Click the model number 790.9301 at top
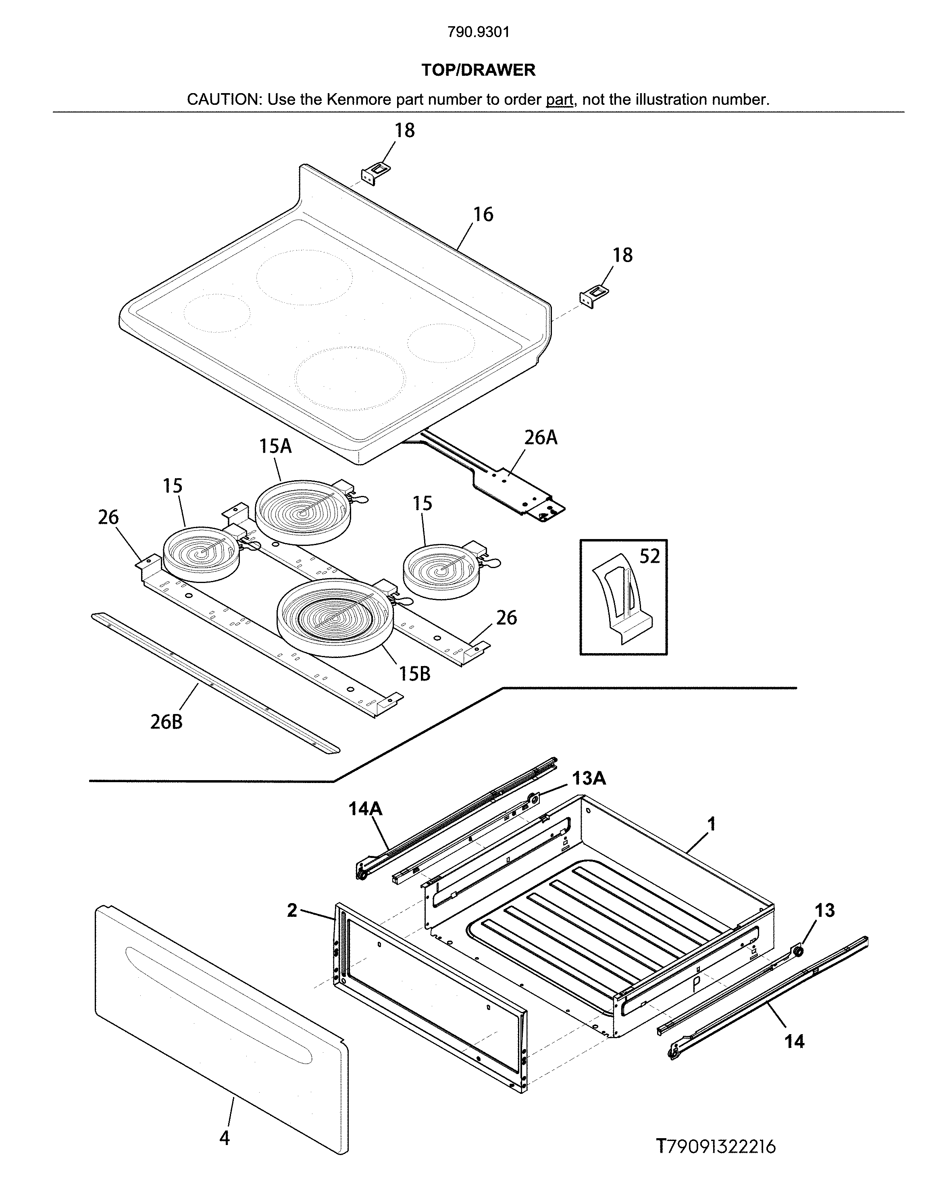coord(478,32)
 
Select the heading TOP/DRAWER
coord(478,70)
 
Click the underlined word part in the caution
coord(559,100)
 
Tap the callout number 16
coord(483,215)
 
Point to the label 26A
coord(541,438)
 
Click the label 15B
coord(414,674)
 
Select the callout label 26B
coord(166,722)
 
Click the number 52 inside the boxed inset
coord(649,556)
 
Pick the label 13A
coord(589,779)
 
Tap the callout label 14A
coord(365,809)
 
